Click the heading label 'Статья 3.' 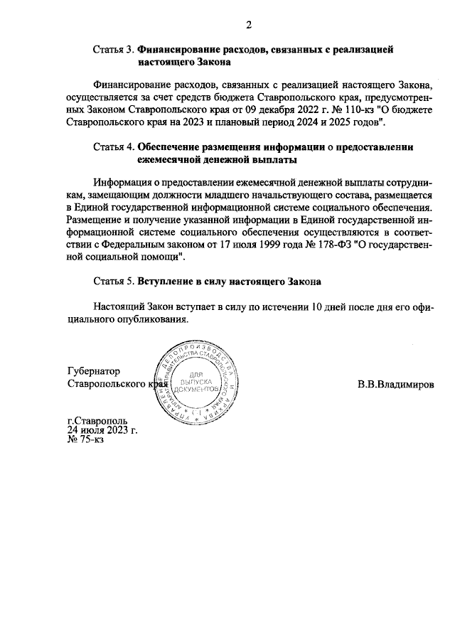point(113,50)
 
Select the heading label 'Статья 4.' point(113,147)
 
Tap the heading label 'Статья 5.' point(113,281)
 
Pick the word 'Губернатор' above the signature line point(93,371)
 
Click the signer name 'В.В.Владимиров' point(395,384)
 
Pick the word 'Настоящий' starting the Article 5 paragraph point(119,307)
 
